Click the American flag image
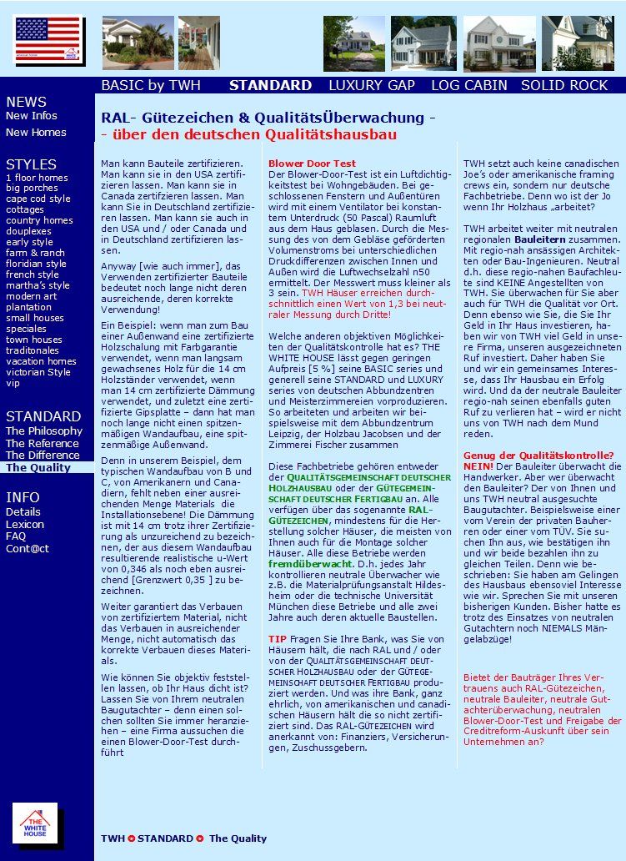(48, 40)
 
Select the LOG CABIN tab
(468, 85)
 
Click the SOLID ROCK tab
(564, 85)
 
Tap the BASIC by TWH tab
(151, 85)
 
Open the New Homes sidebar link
(36, 133)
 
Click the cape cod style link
(38, 199)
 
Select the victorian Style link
(38, 372)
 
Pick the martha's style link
(38, 285)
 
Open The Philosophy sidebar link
(44, 431)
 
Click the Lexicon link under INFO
(25, 524)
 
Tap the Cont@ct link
(28, 549)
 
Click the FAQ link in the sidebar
(16, 536)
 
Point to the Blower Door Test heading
(312, 164)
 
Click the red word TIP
(277, 638)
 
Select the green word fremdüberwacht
(308, 564)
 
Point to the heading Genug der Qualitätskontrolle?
(538, 455)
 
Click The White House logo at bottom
(35, 824)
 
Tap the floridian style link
(36, 264)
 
